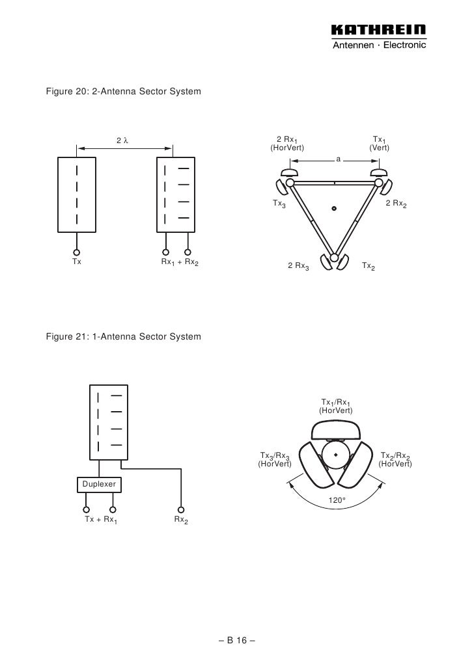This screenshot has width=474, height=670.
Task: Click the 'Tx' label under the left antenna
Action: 76,263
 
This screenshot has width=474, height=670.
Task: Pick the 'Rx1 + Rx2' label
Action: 180,263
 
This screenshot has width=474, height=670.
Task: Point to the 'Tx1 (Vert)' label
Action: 378,144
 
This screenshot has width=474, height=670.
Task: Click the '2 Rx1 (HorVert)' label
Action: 287,144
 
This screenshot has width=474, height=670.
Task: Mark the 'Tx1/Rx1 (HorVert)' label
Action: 336,407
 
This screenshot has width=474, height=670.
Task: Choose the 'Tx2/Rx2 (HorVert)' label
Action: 395,459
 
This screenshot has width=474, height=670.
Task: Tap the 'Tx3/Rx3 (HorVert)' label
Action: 275,459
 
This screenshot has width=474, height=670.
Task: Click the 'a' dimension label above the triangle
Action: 338,159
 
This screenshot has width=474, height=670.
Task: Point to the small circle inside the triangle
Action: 333,209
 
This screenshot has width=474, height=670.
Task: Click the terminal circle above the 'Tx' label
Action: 76,252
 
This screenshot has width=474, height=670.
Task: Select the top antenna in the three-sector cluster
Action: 336,430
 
